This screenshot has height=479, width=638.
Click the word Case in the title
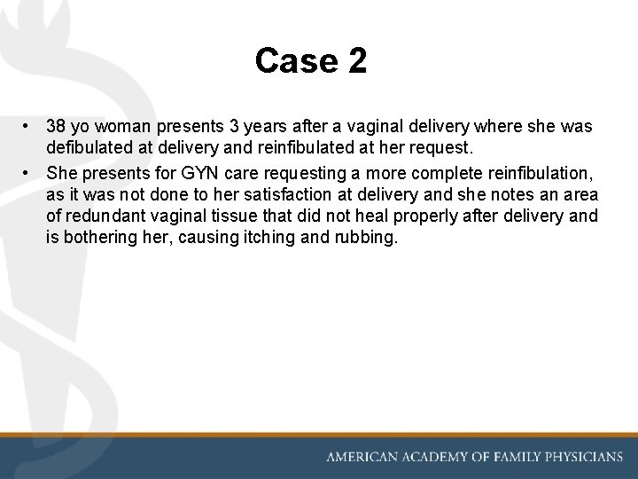pos(288,61)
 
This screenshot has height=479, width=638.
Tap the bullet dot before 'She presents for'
pos(29,172)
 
